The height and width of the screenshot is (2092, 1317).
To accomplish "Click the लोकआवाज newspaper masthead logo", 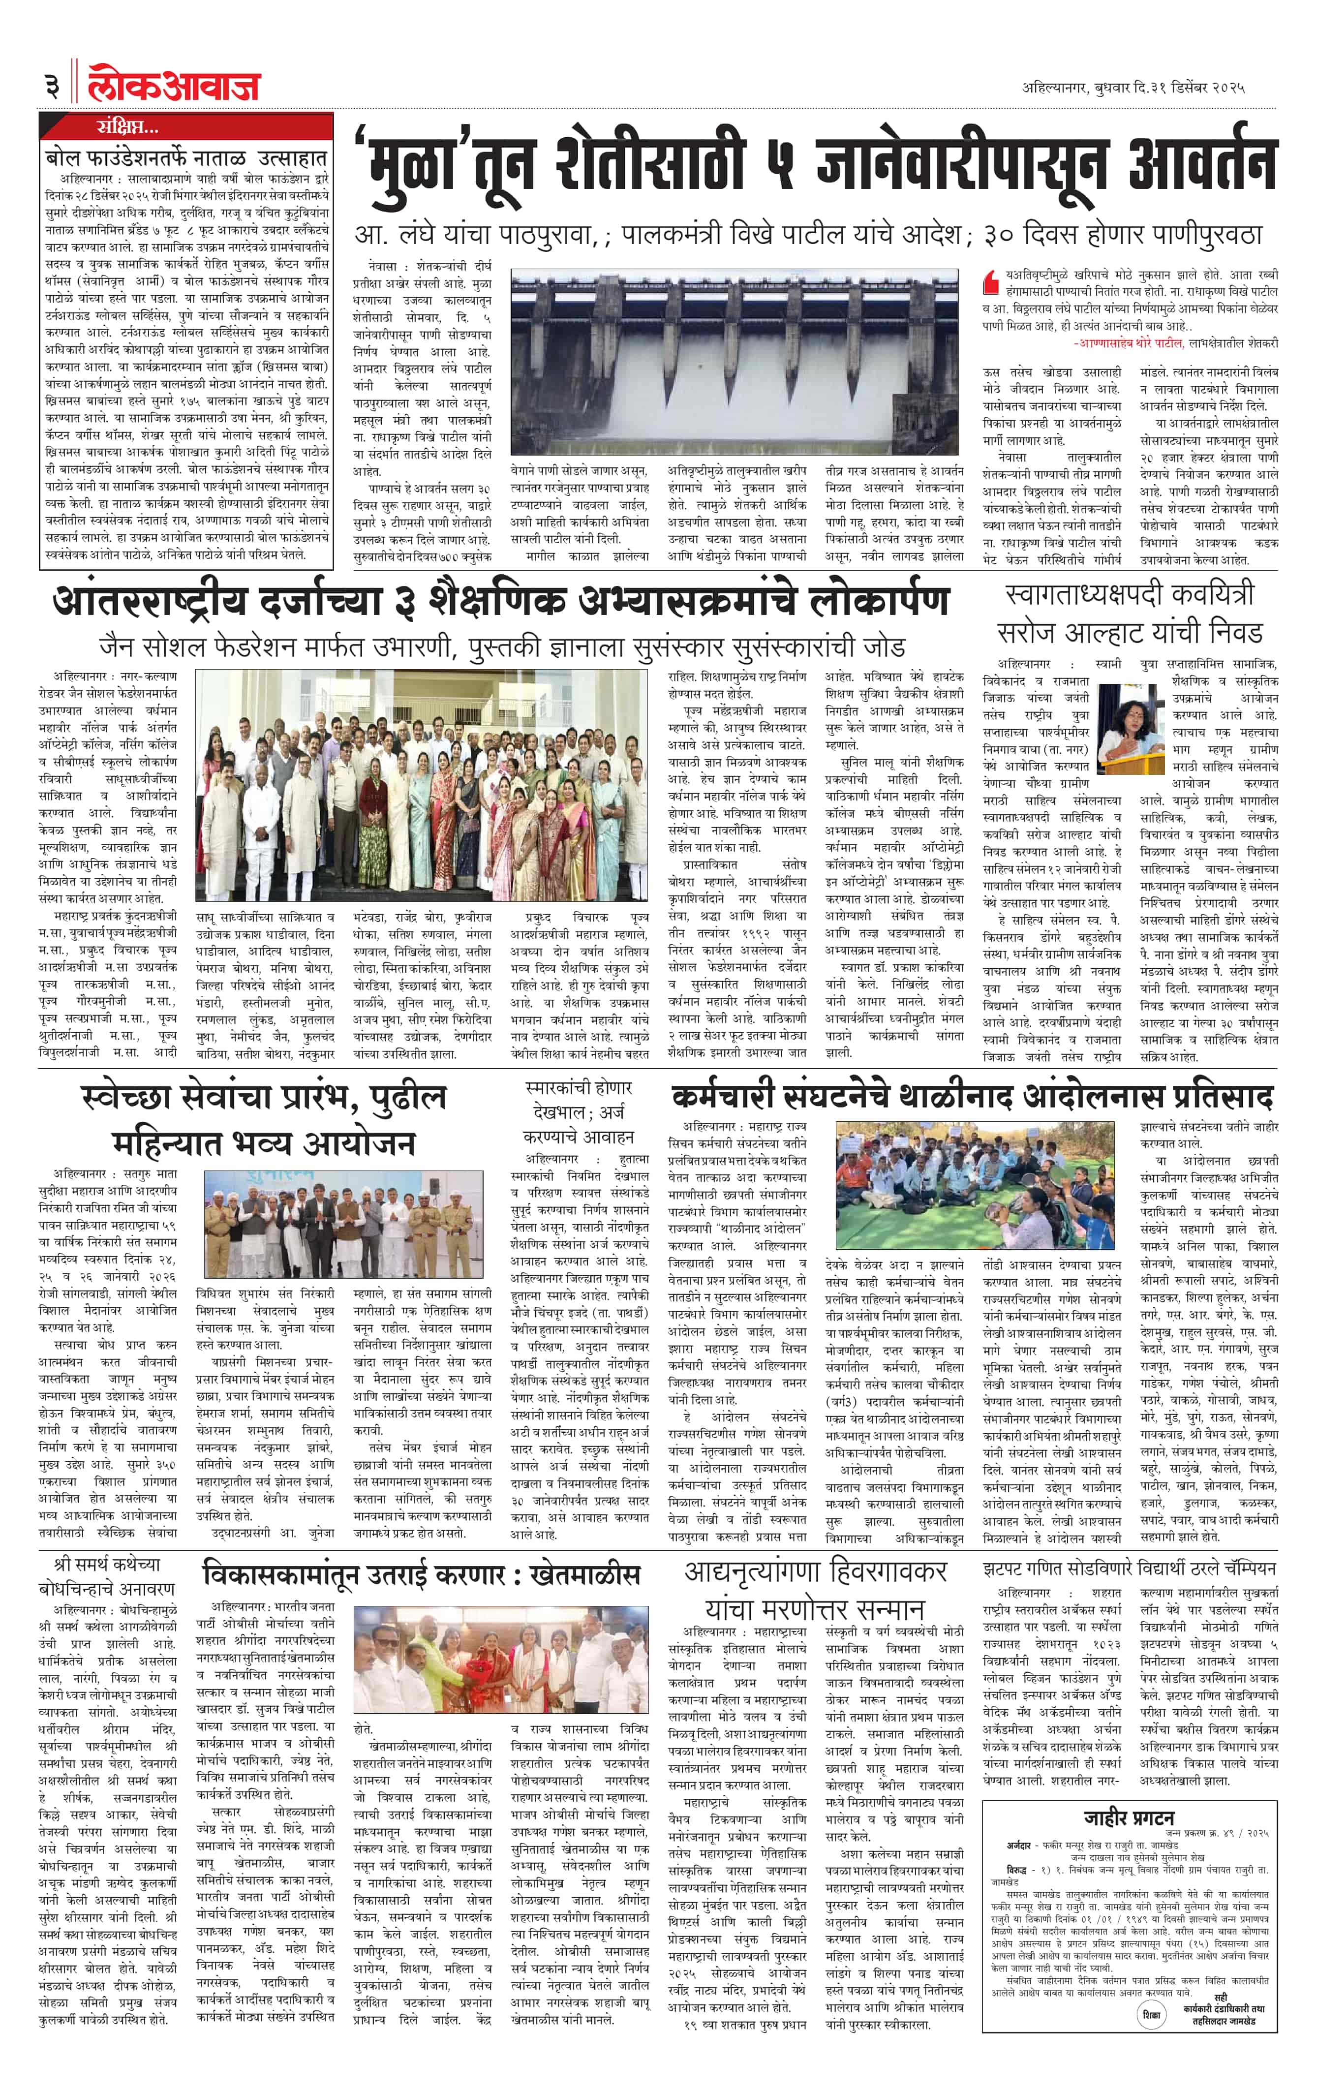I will (174, 87).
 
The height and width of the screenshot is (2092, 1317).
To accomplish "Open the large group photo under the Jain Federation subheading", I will (421, 784).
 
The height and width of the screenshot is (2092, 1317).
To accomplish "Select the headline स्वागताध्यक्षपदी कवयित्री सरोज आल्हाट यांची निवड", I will (1130, 614).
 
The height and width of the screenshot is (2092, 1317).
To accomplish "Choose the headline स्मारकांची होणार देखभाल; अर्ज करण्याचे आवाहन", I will (579, 1112).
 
